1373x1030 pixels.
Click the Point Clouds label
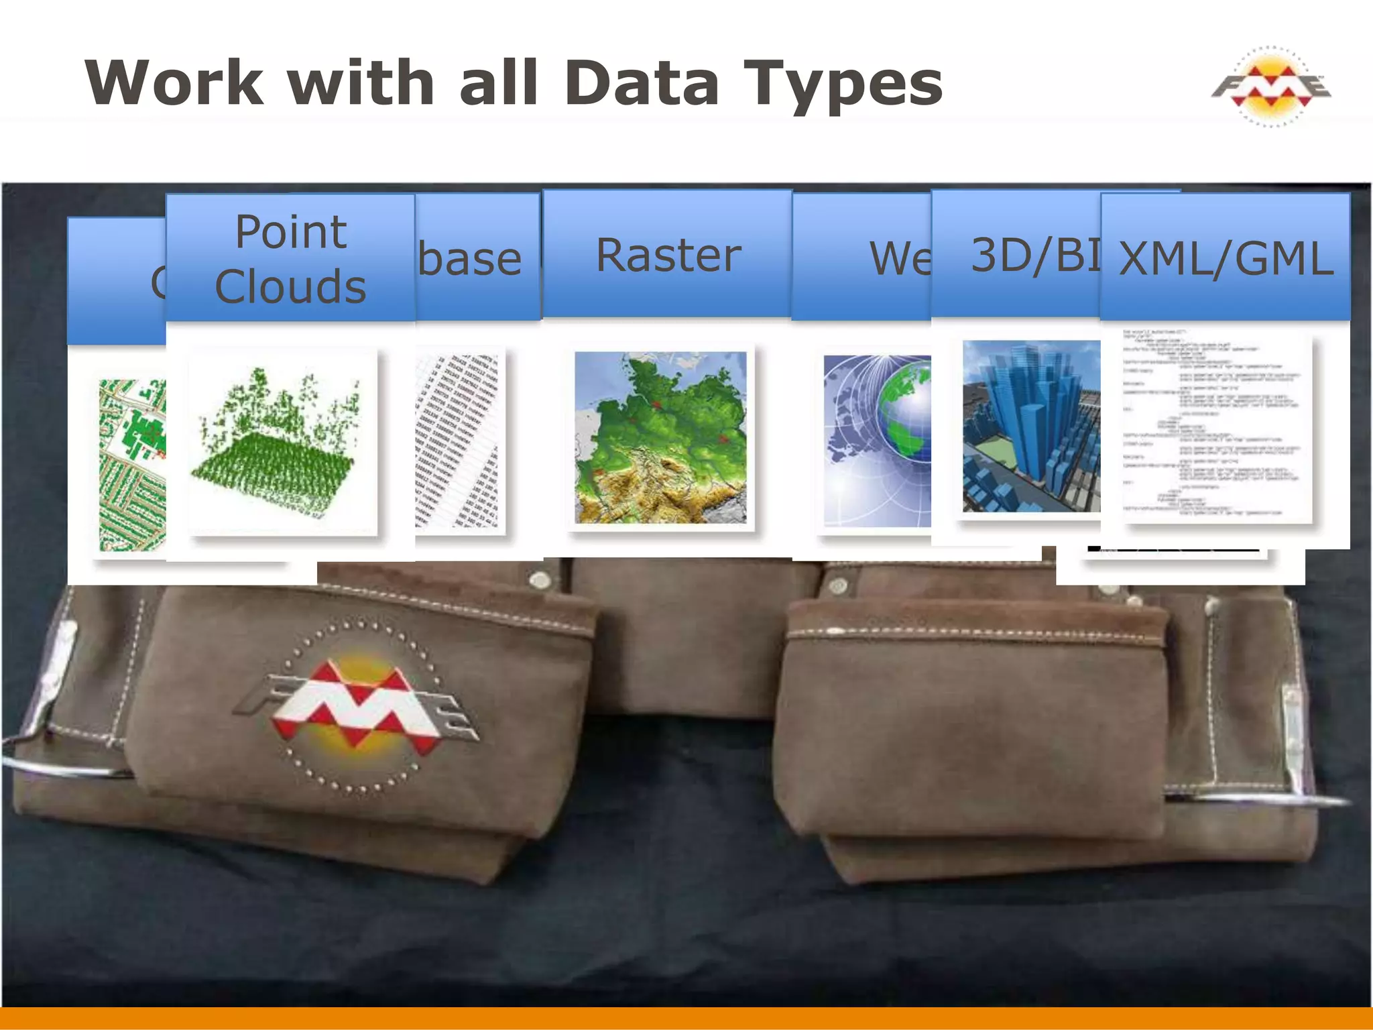pos(290,259)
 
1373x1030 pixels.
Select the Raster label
pos(668,255)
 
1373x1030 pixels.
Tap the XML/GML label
pos(1226,259)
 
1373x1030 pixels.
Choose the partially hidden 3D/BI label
pos(1034,255)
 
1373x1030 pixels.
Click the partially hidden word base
pos(470,260)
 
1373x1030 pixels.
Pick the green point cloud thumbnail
pos(282,443)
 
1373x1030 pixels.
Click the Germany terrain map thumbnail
pos(660,437)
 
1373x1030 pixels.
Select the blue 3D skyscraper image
pos(1031,426)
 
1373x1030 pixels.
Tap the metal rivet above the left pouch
pos(536,578)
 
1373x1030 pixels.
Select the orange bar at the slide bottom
pos(686,1018)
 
